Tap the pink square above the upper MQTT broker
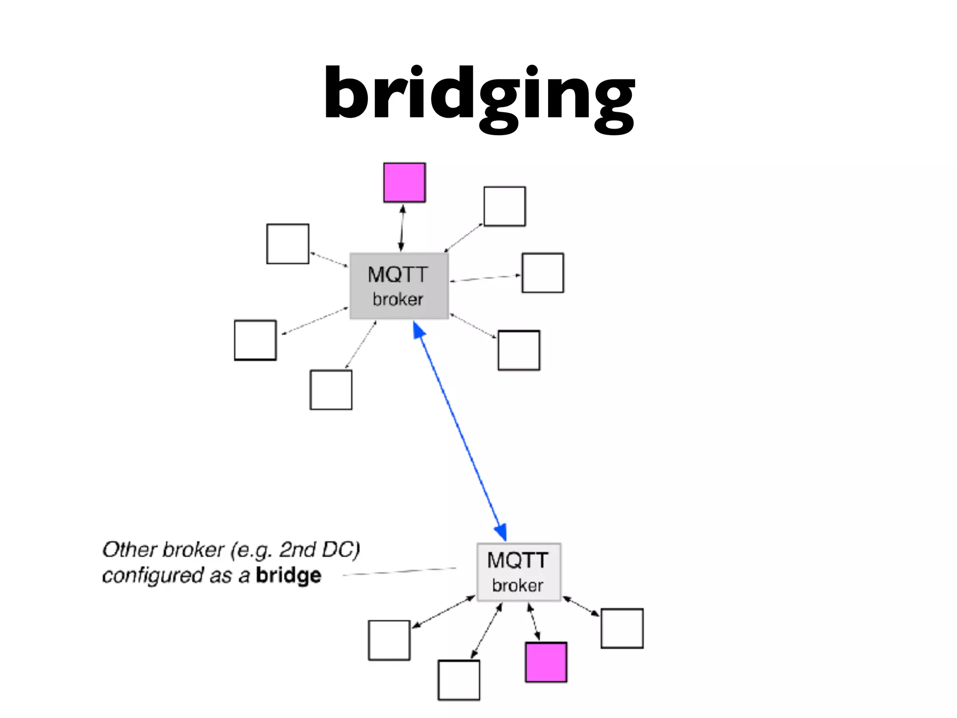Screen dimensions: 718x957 point(404,182)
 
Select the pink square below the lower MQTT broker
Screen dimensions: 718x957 point(546,662)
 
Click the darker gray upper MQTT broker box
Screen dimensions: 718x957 point(399,286)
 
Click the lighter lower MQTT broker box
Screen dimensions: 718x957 point(518,572)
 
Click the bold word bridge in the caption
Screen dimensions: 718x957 point(288,575)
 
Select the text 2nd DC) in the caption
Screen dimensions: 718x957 point(320,550)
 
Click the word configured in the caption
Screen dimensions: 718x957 point(153,575)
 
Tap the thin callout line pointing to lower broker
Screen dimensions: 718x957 point(400,571)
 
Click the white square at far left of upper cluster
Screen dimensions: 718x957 point(255,340)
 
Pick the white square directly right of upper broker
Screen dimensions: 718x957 point(543,273)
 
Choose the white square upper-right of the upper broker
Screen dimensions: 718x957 point(504,206)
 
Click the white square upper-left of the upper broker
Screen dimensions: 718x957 point(287,244)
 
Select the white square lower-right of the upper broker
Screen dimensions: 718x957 point(519,350)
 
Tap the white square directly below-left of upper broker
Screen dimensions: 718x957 point(331,389)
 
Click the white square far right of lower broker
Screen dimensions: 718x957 point(621,628)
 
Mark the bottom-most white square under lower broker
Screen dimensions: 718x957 point(458,680)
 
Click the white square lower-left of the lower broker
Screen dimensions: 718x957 point(389,640)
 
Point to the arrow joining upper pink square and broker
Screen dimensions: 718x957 point(401,228)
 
